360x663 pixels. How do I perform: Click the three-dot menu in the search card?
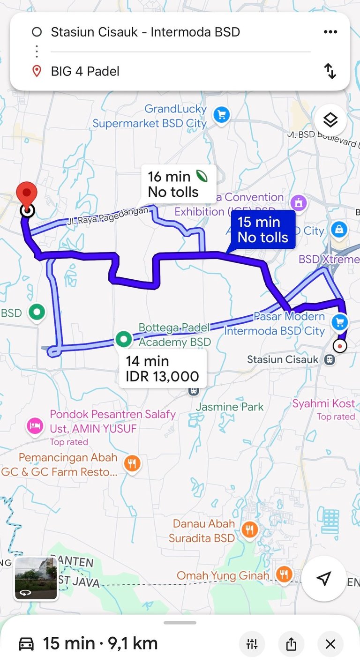pyautogui.click(x=330, y=32)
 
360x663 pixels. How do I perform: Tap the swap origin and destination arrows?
pyautogui.click(x=330, y=71)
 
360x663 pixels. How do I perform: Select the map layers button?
pyautogui.click(x=330, y=120)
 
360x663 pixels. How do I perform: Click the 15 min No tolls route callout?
pyautogui.click(x=262, y=230)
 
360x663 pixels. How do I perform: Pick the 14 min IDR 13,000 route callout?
pyautogui.click(x=162, y=369)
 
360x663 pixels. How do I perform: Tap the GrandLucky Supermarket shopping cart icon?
pyautogui.click(x=221, y=115)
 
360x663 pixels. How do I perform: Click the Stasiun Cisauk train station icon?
pyautogui.click(x=330, y=360)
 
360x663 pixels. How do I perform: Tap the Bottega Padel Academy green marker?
pyautogui.click(x=124, y=339)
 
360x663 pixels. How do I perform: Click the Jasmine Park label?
pyautogui.click(x=230, y=407)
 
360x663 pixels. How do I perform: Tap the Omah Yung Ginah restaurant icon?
pyautogui.click(x=284, y=575)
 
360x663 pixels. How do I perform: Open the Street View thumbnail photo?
pyautogui.click(x=36, y=579)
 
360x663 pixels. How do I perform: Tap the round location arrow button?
pyautogui.click(x=323, y=579)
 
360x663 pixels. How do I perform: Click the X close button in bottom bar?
pyautogui.click(x=330, y=644)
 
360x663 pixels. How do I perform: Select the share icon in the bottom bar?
pyautogui.click(x=291, y=644)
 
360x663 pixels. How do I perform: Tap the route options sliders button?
pyautogui.click(x=252, y=644)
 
